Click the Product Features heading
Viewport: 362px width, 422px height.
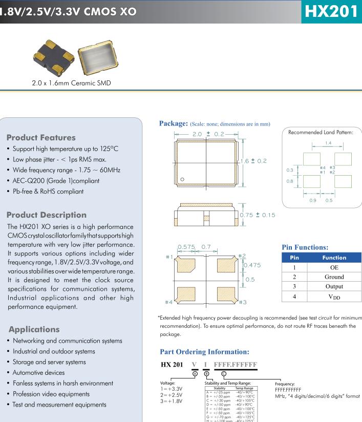pyautogui.click(x=40, y=137)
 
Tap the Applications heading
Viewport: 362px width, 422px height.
pyautogui.click(x=34, y=329)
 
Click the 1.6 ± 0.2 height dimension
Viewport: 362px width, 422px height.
pyautogui.click(x=254, y=161)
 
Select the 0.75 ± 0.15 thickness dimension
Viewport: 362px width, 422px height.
pyautogui.click(x=258, y=215)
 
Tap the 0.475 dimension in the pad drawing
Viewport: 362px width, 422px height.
pyautogui.click(x=252, y=265)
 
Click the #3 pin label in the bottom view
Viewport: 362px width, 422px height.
pyautogui.click(x=243, y=302)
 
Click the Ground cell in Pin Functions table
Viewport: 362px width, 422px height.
pyautogui.click(x=334, y=277)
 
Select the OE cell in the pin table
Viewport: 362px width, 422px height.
pyautogui.click(x=334, y=267)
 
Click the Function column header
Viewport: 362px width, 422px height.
pyautogui.click(x=334, y=258)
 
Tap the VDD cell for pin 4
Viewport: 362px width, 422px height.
pyautogui.click(x=334, y=297)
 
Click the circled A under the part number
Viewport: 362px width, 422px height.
pyautogui.click(x=194, y=373)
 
